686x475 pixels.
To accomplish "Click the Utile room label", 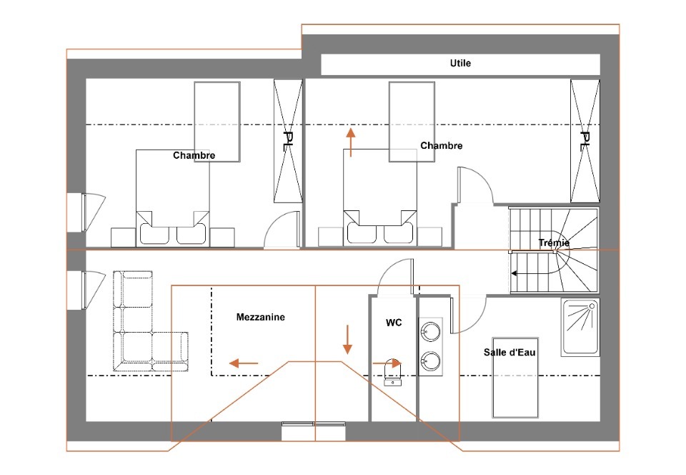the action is click(460, 63).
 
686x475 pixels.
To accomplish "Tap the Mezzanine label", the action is click(260, 317).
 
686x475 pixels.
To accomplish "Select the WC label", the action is click(394, 323).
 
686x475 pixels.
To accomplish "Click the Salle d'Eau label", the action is click(509, 352).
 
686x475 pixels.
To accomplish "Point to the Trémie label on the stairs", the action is click(554, 243).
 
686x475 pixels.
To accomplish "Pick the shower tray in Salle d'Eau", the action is click(580, 327).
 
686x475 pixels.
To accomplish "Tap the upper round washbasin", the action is click(430, 331).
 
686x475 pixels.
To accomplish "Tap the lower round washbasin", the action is click(430, 361).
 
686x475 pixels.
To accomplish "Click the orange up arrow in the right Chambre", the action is click(350, 142).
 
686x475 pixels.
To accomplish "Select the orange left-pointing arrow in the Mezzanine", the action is click(244, 363).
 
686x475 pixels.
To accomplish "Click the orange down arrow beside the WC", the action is click(347, 339).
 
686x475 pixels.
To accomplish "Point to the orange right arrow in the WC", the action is click(387, 363).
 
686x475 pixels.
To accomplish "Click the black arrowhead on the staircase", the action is click(514, 273).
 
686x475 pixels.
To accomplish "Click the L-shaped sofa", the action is click(151, 321).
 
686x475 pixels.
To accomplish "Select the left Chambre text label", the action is click(194, 155).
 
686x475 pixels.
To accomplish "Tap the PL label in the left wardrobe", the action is click(288, 141).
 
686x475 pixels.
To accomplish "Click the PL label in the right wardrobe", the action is click(585, 141).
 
